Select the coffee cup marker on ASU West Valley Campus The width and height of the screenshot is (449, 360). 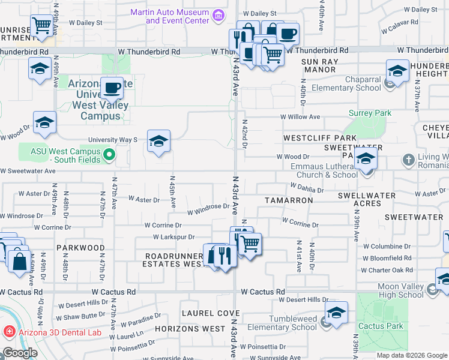tap(112, 89)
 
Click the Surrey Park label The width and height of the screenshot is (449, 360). tap(370, 113)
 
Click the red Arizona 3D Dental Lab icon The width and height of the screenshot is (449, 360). tap(9, 331)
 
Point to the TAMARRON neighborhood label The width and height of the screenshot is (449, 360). tap(289, 199)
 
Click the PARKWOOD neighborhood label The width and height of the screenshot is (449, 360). tap(80, 247)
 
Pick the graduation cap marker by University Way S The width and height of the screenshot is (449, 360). tap(158, 141)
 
